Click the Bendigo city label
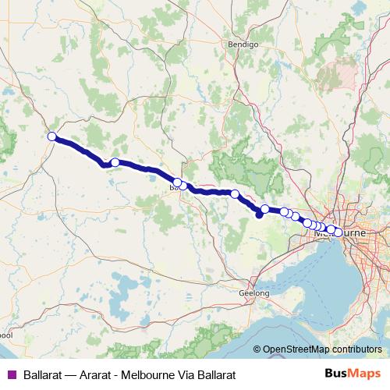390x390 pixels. [x=243, y=44]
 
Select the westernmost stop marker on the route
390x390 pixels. [x=52, y=137]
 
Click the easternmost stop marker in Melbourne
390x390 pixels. [x=337, y=232]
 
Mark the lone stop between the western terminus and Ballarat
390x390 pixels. [x=115, y=162]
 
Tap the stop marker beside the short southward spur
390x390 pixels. [x=265, y=209]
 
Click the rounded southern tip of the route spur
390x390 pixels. [x=259, y=217]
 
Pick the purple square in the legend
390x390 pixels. [x=11, y=374]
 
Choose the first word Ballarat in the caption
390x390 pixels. [x=44, y=374]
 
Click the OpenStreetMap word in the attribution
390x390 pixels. [x=297, y=349]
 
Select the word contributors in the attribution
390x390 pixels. [x=357, y=349]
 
